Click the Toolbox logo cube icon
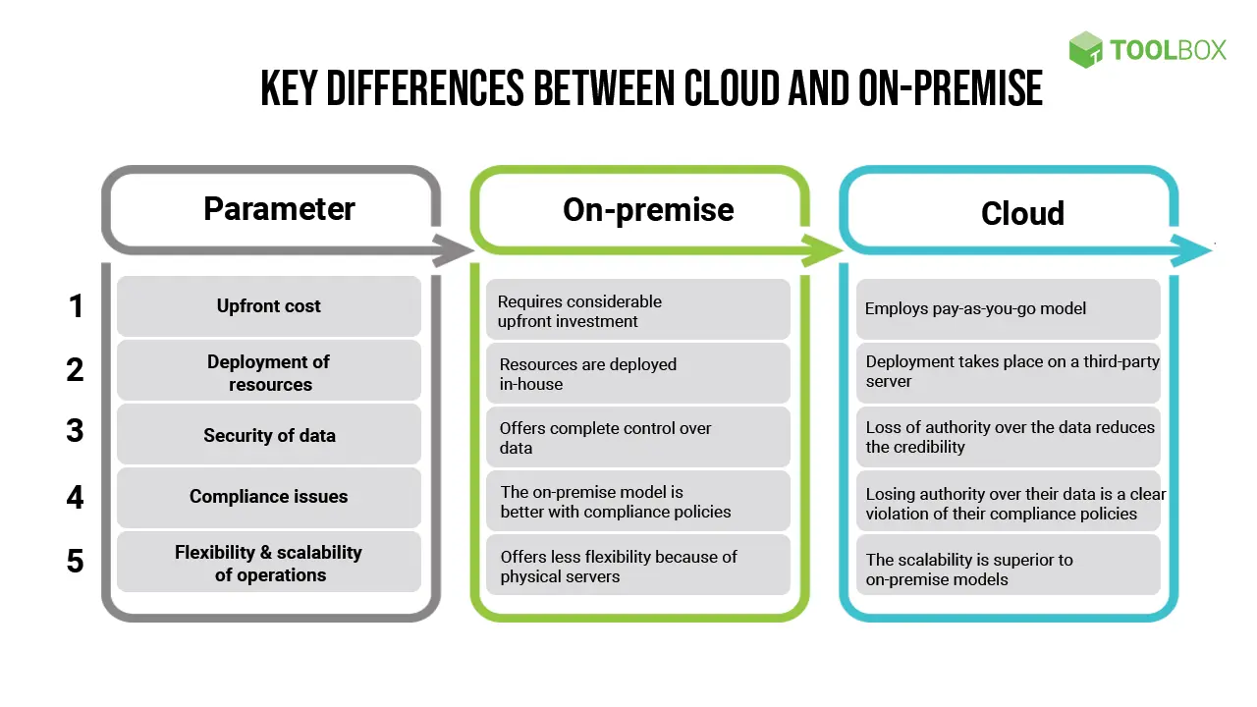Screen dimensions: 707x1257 pyautogui.click(x=1085, y=49)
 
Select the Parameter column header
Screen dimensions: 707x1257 pyautogui.click(x=279, y=208)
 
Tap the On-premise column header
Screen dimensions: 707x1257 pyautogui.click(x=648, y=209)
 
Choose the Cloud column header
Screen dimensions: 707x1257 pyautogui.click(x=1022, y=213)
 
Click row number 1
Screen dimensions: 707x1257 pyautogui.click(x=76, y=306)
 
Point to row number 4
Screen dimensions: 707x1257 pyautogui.click(x=76, y=497)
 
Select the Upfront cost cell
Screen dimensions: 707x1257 pyautogui.click(x=269, y=306)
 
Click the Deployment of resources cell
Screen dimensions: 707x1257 pyautogui.click(x=269, y=372)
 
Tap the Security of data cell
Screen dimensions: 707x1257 pyautogui.click(x=269, y=435)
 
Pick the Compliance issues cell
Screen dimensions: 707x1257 pyautogui.click(x=269, y=497)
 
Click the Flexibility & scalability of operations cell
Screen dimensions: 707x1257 pyautogui.click(x=269, y=564)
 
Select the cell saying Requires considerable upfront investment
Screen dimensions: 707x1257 pyautogui.click(x=638, y=310)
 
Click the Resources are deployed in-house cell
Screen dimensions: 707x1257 pyautogui.click(x=638, y=373)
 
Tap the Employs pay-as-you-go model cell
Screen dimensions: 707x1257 pyautogui.click(x=1009, y=308)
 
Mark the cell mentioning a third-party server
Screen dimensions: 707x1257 pyautogui.click(x=1009, y=371)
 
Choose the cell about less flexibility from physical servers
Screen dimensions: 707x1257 pyautogui.click(x=638, y=566)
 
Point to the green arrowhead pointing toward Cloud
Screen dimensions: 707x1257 pyautogui.click(x=824, y=250)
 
